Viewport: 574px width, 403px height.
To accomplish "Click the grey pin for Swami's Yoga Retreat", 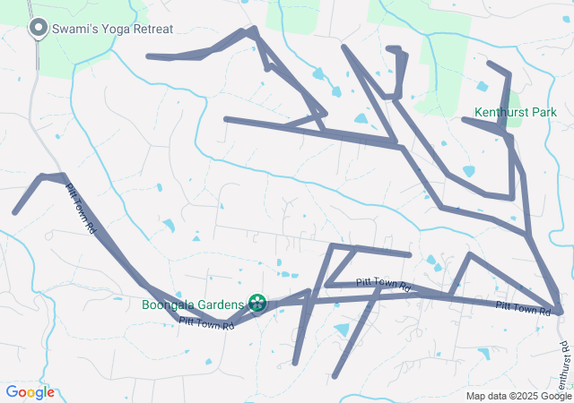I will pyautogui.click(x=39, y=28).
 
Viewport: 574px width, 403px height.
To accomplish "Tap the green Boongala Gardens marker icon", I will pyautogui.click(x=257, y=303).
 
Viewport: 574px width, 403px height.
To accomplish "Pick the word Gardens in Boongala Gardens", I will pyautogui.click(x=222, y=304).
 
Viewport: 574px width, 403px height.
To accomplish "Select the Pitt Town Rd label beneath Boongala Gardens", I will pyautogui.click(x=206, y=322).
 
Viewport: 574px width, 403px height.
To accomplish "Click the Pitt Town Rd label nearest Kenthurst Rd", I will pyautogui.click(x=523, y=309).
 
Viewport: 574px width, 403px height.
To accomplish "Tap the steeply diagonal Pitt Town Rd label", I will pyautogui.click(x=82, y=210).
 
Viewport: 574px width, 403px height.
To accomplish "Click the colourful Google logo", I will pyautogui.click(x=30, y=392).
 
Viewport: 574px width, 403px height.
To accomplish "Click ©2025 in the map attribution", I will pyautogui.click(x=527, y=396).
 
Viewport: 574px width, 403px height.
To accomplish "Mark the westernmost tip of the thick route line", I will pyautogui.click(x=14, y=212).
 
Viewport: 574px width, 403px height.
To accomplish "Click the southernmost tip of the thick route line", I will pyautogui.click(x=335, y=376).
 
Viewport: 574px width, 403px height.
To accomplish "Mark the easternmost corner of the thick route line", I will pyautogui.click(x=561, y=312).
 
